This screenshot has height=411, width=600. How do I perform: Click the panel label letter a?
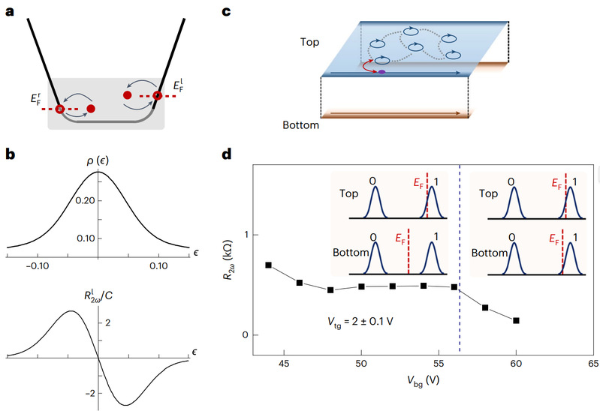point(10,11)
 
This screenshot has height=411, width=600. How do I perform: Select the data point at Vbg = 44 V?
point(268,265)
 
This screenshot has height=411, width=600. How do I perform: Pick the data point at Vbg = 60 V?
point(516,320)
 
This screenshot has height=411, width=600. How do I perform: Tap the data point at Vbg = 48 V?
point(330,289)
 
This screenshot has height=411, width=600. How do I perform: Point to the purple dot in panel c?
point(381,72)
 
